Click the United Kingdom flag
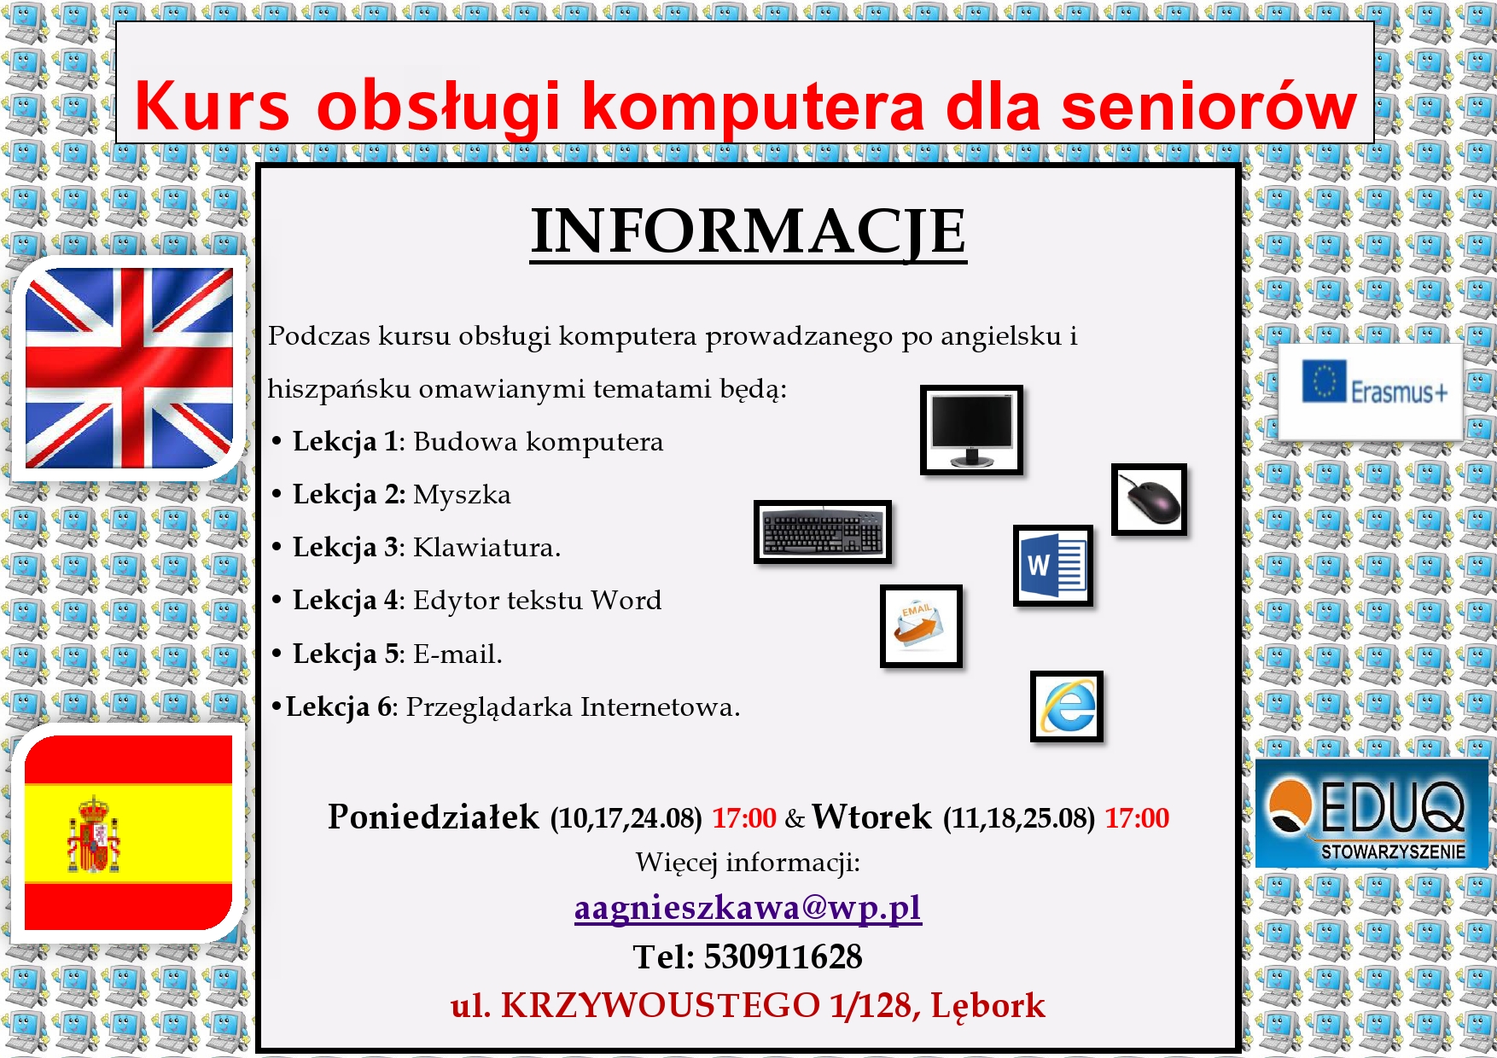click(129, 369)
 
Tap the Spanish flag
click(129, 833)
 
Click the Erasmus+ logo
click(1370, 392)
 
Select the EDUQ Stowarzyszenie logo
click(1371, 813)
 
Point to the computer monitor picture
click(971, 429)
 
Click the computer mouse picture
click(1149, 499)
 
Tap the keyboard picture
click(823, 532)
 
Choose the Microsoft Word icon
click(1053, 565)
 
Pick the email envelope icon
click(921, 625)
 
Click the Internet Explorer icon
click(1067, 706)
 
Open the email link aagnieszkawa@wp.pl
click(748, 908)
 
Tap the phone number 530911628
click(783, 956)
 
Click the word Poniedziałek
click(434, 817)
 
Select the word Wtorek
click(871, 817)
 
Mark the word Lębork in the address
click(987, 1006)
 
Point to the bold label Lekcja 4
click(345, 601)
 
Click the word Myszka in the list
click(462, 495)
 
